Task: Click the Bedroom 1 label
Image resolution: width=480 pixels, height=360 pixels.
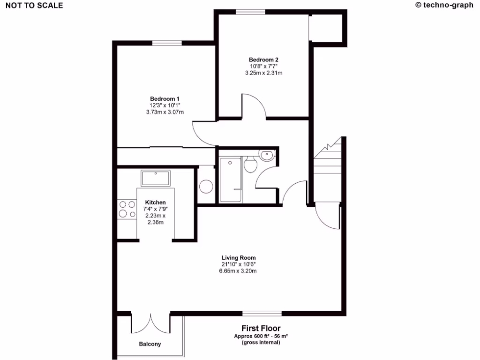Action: pyautogui.click(x=165, y=98)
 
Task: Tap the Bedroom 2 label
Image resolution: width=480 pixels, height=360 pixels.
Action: pyautogui.click(x=263, y=60)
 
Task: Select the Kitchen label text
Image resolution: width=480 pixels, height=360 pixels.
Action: pyautogui.click(x=155, y=202)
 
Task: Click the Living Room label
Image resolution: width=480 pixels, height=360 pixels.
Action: pyautogui.click(x=239, y=257)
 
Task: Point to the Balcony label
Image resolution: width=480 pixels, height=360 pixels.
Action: pyautogui.click(x=150, y=344)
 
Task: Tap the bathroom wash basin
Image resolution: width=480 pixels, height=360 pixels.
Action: pyautogui.click(x=267, y=155)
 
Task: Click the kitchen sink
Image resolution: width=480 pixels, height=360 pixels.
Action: pyautogui.click(x=156, y=179)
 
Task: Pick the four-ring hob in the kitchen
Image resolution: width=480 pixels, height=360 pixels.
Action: pyautogui.click(x=125, y=209)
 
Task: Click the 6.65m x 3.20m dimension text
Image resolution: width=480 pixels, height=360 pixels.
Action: pyautogui.click(x=239, y=271)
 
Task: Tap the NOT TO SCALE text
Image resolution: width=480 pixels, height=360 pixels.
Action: pyautogui.click(x=34, y=6)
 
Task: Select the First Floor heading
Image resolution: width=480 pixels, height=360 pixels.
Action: pyautogui.click(x=261, y=329)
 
